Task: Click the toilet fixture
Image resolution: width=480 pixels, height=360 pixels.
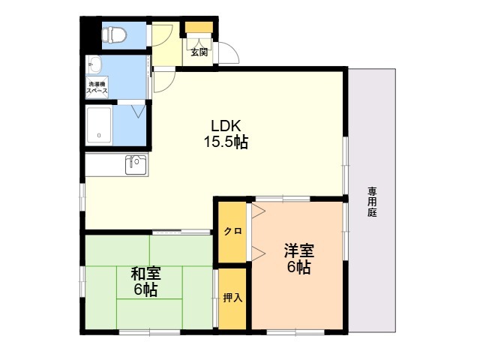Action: (114, 34)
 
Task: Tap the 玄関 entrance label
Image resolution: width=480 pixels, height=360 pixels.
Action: (199, 52)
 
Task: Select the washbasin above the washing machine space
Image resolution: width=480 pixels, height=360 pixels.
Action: (94, 65)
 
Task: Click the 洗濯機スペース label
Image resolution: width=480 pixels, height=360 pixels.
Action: (97, 88)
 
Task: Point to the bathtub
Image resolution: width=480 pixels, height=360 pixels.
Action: (99, 125)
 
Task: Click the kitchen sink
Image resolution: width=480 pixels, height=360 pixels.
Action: (136, 165)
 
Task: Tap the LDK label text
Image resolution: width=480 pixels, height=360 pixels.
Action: (226, 125)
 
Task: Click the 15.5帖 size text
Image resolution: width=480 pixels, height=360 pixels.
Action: (226, 142)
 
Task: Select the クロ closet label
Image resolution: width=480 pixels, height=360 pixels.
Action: (232, 232)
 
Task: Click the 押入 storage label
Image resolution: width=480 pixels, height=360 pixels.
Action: (232, 297)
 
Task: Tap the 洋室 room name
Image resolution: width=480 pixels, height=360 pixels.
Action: (299, 251)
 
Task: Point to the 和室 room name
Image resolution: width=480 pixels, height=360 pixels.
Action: (145, 274)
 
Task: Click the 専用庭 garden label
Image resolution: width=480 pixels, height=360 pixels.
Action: (372, 202)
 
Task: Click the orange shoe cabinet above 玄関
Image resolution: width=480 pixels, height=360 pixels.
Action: (199, 27)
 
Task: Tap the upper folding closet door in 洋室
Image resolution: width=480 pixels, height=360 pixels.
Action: (258, 211)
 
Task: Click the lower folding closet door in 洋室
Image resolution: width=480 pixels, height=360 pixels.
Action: (258, 253)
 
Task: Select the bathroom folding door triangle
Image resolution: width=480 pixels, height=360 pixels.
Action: (138, 111)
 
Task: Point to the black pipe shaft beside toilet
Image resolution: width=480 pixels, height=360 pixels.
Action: (91, 34)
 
